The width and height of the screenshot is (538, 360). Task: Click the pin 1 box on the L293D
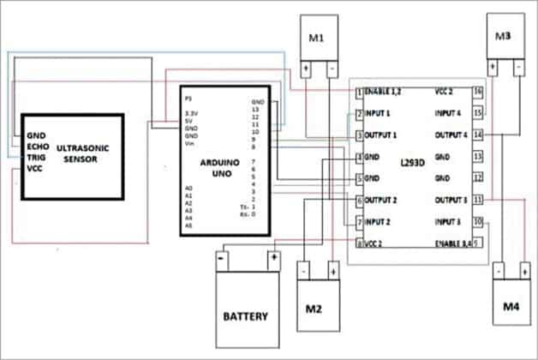358,91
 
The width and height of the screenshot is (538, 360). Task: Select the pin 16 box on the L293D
478,91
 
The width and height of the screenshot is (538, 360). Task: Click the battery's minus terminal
221,255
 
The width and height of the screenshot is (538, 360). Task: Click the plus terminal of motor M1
304,68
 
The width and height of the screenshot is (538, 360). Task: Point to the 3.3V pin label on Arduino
193,111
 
